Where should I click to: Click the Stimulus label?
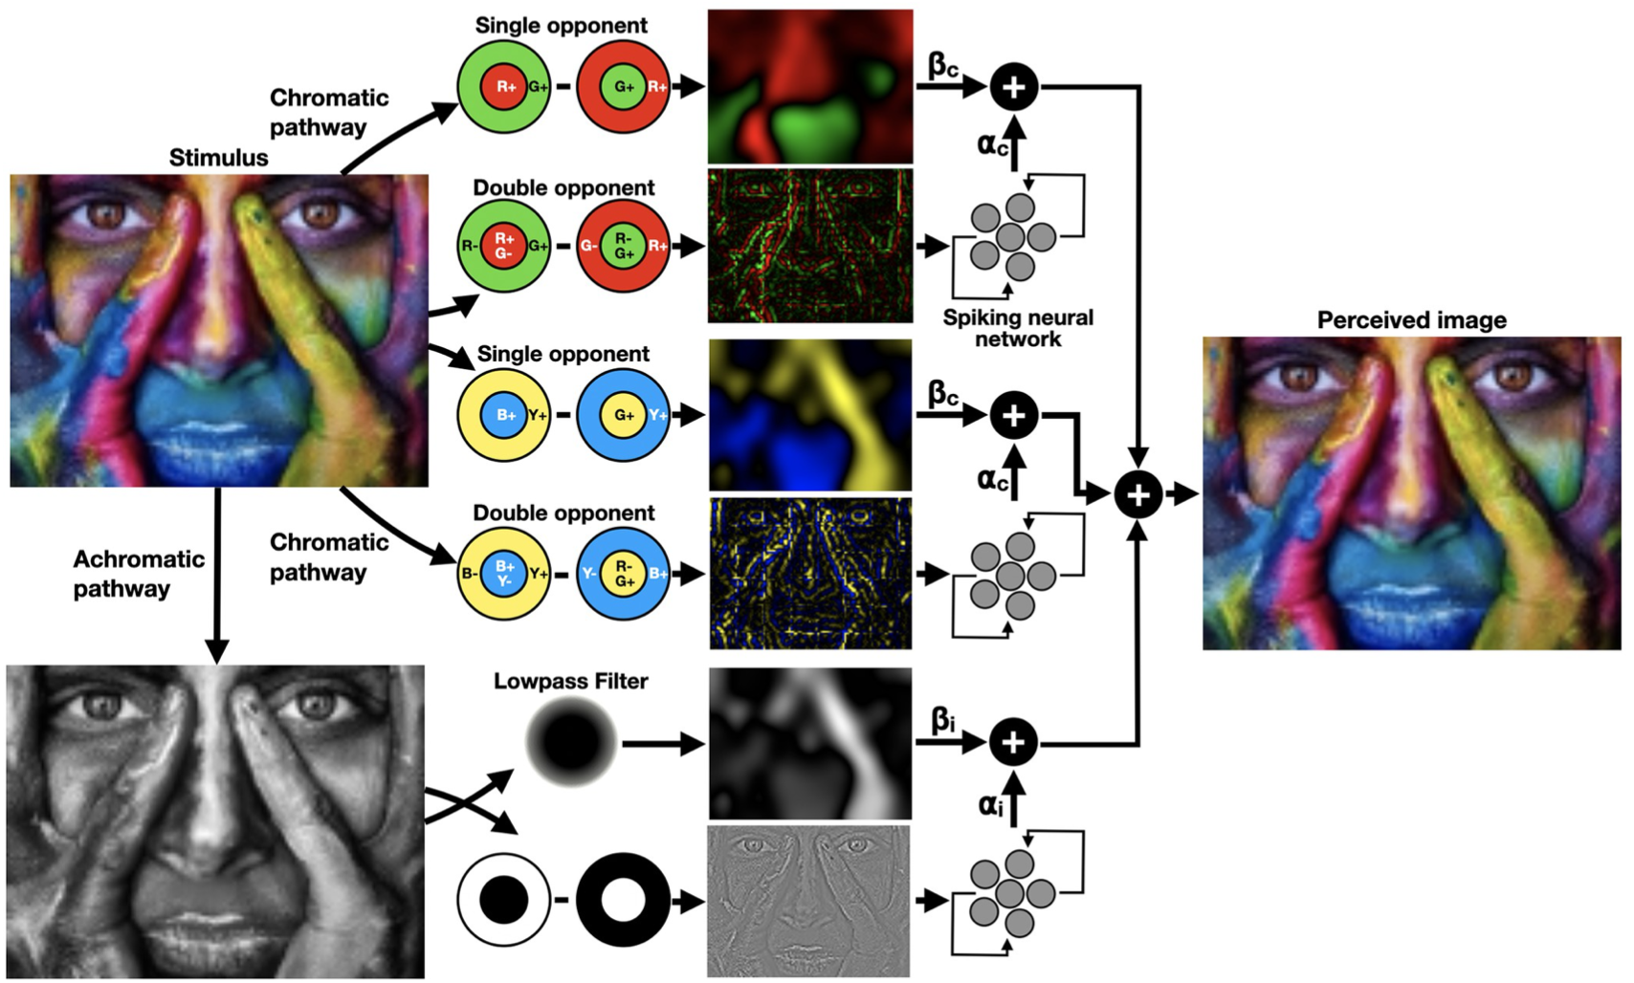pos(218,158)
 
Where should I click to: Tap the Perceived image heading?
pos(1411,320)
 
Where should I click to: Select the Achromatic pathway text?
pos(138,574)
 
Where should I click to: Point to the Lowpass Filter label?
pos(570,681)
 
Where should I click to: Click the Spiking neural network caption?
pos(1018,328)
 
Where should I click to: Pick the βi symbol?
pos(942,719)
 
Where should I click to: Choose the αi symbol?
pos(990,805)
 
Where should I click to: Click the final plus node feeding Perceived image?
pos(1137,494)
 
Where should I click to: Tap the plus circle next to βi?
pos(1013,742)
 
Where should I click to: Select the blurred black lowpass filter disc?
pos(571,742)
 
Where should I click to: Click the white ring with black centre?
pos(503,900)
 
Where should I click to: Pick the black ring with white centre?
pos(622,900)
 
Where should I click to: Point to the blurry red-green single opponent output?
pos(810,87)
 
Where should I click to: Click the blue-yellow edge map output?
pos(810,574)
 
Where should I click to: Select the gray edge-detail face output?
pos(808,901)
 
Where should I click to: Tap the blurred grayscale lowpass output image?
pos(810,743)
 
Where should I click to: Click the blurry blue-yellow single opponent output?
pos(810,415)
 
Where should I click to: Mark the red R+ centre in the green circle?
pos(504,87)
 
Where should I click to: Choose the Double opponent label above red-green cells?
pos(563,187)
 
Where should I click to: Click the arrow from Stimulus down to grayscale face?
pos(217,574)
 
